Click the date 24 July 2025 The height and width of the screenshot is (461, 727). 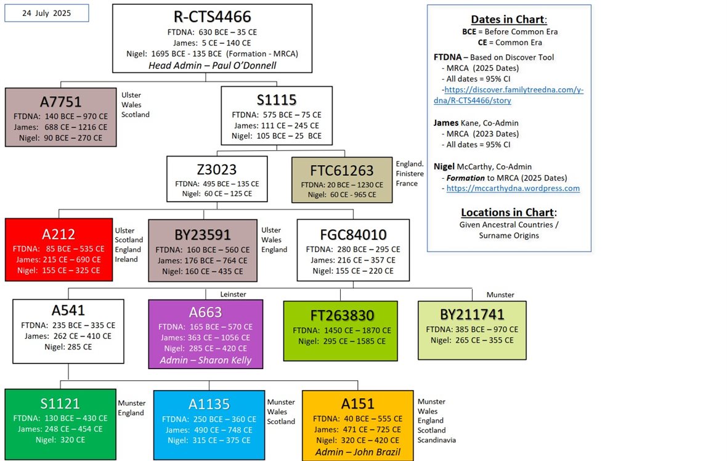pos(46,13)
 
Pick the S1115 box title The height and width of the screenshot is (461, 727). pos(276,100)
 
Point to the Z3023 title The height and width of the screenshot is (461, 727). pos(217,169)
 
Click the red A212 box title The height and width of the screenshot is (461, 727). pos(59,234)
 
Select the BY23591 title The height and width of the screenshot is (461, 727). pos(203,235)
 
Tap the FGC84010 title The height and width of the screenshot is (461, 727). pos(352,234)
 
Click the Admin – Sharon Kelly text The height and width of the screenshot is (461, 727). pos(205,360)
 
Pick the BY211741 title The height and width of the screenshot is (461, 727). pos(472,314)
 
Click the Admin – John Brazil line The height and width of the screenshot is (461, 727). pos(357,452)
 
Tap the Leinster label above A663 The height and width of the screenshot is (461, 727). pos(234,295)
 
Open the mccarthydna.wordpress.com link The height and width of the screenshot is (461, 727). pos(513,189)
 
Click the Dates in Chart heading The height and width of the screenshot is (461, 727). pos(509,19)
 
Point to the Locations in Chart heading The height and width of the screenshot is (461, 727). pos(508,212)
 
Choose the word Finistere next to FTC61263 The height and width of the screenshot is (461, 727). pos(411,174)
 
